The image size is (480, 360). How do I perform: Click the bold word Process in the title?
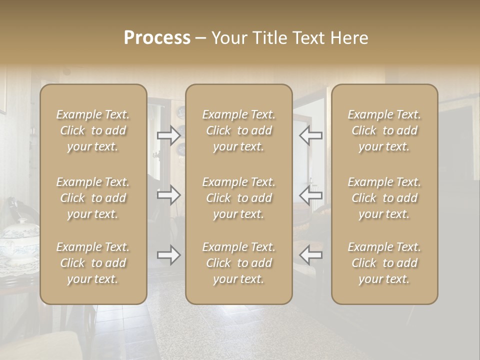(x=157, y=38)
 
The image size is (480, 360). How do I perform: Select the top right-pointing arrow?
(x=169, y=135)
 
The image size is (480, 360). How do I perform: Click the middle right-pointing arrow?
(x=169, y=195)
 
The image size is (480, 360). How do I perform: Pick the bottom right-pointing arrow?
(x=169, y=255)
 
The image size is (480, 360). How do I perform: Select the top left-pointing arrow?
(x=310, y=135)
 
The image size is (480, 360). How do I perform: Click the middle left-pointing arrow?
(x=310, y=195)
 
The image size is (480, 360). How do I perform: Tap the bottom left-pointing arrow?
(x=310, y=255)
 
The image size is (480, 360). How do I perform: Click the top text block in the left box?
(x=93, y=130)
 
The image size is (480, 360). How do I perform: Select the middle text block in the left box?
(x=93, y=198)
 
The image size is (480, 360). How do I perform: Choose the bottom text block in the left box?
(x=93, y=263)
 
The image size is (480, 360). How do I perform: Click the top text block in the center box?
(x=238, y=130)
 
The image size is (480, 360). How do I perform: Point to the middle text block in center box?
(x=238, y=198)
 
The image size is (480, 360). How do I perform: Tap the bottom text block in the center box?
(x=238, y=263)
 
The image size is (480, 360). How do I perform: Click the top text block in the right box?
(x=384, y=130)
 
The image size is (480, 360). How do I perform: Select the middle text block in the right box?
(x=384, y=198)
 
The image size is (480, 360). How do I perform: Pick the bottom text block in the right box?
(x=384, y=263)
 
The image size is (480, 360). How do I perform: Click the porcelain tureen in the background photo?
(x=19, y=242)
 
